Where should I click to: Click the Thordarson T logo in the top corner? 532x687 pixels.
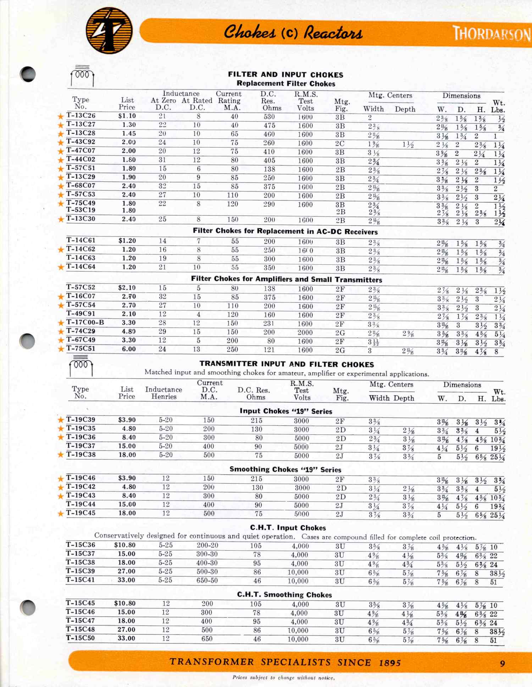coord(110,31)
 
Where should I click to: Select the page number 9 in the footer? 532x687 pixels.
coord(502,663)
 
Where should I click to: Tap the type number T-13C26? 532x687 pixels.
coord(81,116)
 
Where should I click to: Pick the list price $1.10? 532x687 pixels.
coord(127,116)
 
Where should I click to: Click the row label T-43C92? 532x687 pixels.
coord(81,142)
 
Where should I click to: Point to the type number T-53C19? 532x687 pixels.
coord(81,210)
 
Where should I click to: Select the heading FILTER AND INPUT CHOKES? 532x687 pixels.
coord(286,75)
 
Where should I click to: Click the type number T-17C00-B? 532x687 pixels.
coord(85,323)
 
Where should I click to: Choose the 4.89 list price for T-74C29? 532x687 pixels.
coord(129,331)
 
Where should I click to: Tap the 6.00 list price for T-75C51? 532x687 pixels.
coord(129,349)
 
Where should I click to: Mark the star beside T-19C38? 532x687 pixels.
coord(61,455)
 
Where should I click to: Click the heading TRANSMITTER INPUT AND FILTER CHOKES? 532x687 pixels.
coord(287,364)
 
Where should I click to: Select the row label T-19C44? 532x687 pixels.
coord(81,504)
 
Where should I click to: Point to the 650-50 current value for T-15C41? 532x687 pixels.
coord(207,581)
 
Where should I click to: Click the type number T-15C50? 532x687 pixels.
coord(81,638)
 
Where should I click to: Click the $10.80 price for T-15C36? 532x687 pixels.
coord(125,545)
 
